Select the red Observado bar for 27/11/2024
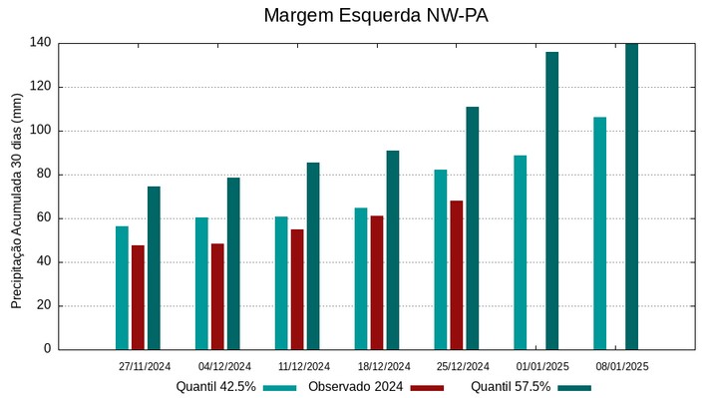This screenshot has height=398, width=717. pyautogui.click(x=138, y=297)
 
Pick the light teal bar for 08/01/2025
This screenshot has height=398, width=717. pyautogui.click(x=599, y=233)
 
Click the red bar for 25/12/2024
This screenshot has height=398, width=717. pyautogui.click(x=456, y=275)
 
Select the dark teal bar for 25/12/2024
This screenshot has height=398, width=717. pyautogui.click(x=472, y=228)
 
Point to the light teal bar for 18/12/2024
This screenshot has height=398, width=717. pyautogui.click(x=361, y=278)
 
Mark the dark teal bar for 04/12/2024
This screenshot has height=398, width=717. pyautogui.click(x=233, y=263)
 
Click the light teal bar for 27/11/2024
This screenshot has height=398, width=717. pyautogui.click(x=122, y=287)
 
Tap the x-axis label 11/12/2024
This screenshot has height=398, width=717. pyautogui.click(x=304, y=366)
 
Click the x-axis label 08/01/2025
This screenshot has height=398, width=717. pyautogui.click(x=622, y=366)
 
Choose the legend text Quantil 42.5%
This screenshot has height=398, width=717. pyautogui.click(x=215, y=387)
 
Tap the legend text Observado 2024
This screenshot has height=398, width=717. pyautogui.click(x=355, y=387)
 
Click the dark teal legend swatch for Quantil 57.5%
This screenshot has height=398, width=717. pyautogui.click(x=573, y=387)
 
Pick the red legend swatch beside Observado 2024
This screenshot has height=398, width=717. pyautogui.click(x=427, y=387)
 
